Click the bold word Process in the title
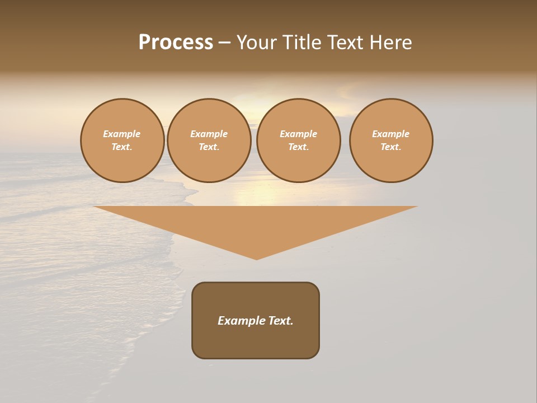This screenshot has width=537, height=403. [176, 43]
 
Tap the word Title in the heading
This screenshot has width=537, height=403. [301, 43]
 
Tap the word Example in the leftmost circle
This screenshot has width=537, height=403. [122, 134]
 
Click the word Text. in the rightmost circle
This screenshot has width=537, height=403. [390, 147]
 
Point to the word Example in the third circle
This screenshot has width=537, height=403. [298, 134]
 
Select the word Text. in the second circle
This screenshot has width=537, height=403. [209, 147]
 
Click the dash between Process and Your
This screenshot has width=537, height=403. [224, 43]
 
